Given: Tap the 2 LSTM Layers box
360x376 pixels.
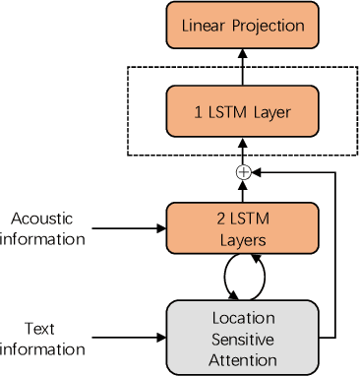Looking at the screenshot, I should [x=243, y=227].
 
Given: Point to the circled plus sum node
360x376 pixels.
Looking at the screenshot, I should [x=243, y=172].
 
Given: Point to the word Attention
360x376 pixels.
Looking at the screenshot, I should [x=244, y=360].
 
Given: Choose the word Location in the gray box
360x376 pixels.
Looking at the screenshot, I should [x=244, y=319].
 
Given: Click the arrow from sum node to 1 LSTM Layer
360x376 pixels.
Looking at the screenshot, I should [x=243, y=148].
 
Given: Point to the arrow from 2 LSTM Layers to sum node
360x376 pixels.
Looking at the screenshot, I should [x=243, y=191].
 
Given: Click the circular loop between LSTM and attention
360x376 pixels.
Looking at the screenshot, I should [x=244, y=277].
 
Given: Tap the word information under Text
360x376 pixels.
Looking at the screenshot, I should [x=42, y=349].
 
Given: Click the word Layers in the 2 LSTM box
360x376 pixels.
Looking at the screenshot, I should [x=243, y=237].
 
